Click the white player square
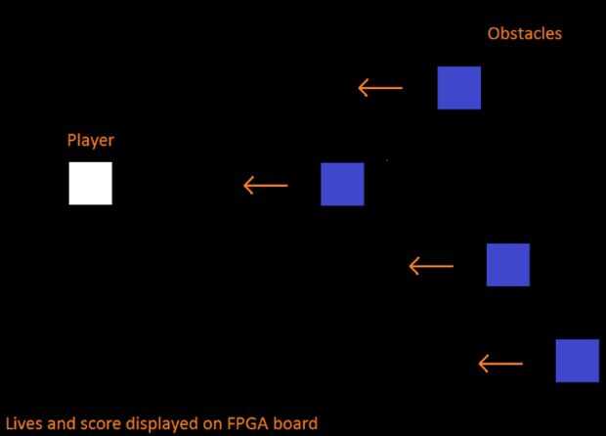click(90, 184)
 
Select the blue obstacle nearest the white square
click(342, 184)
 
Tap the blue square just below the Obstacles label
click(458, 88)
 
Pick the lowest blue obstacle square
click(577, 361)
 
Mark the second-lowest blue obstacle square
click(508, 265)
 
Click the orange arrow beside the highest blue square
click(380, 89)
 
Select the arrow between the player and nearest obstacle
click(265, 185)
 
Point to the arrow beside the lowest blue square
click(499, 364)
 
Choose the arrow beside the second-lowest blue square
click(431, 265)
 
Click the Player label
click(90, 141)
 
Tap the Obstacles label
click(525, 34)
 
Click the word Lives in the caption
click(24, 424)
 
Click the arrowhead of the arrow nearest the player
click(247, 185)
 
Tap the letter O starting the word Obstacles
click(494, 34)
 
